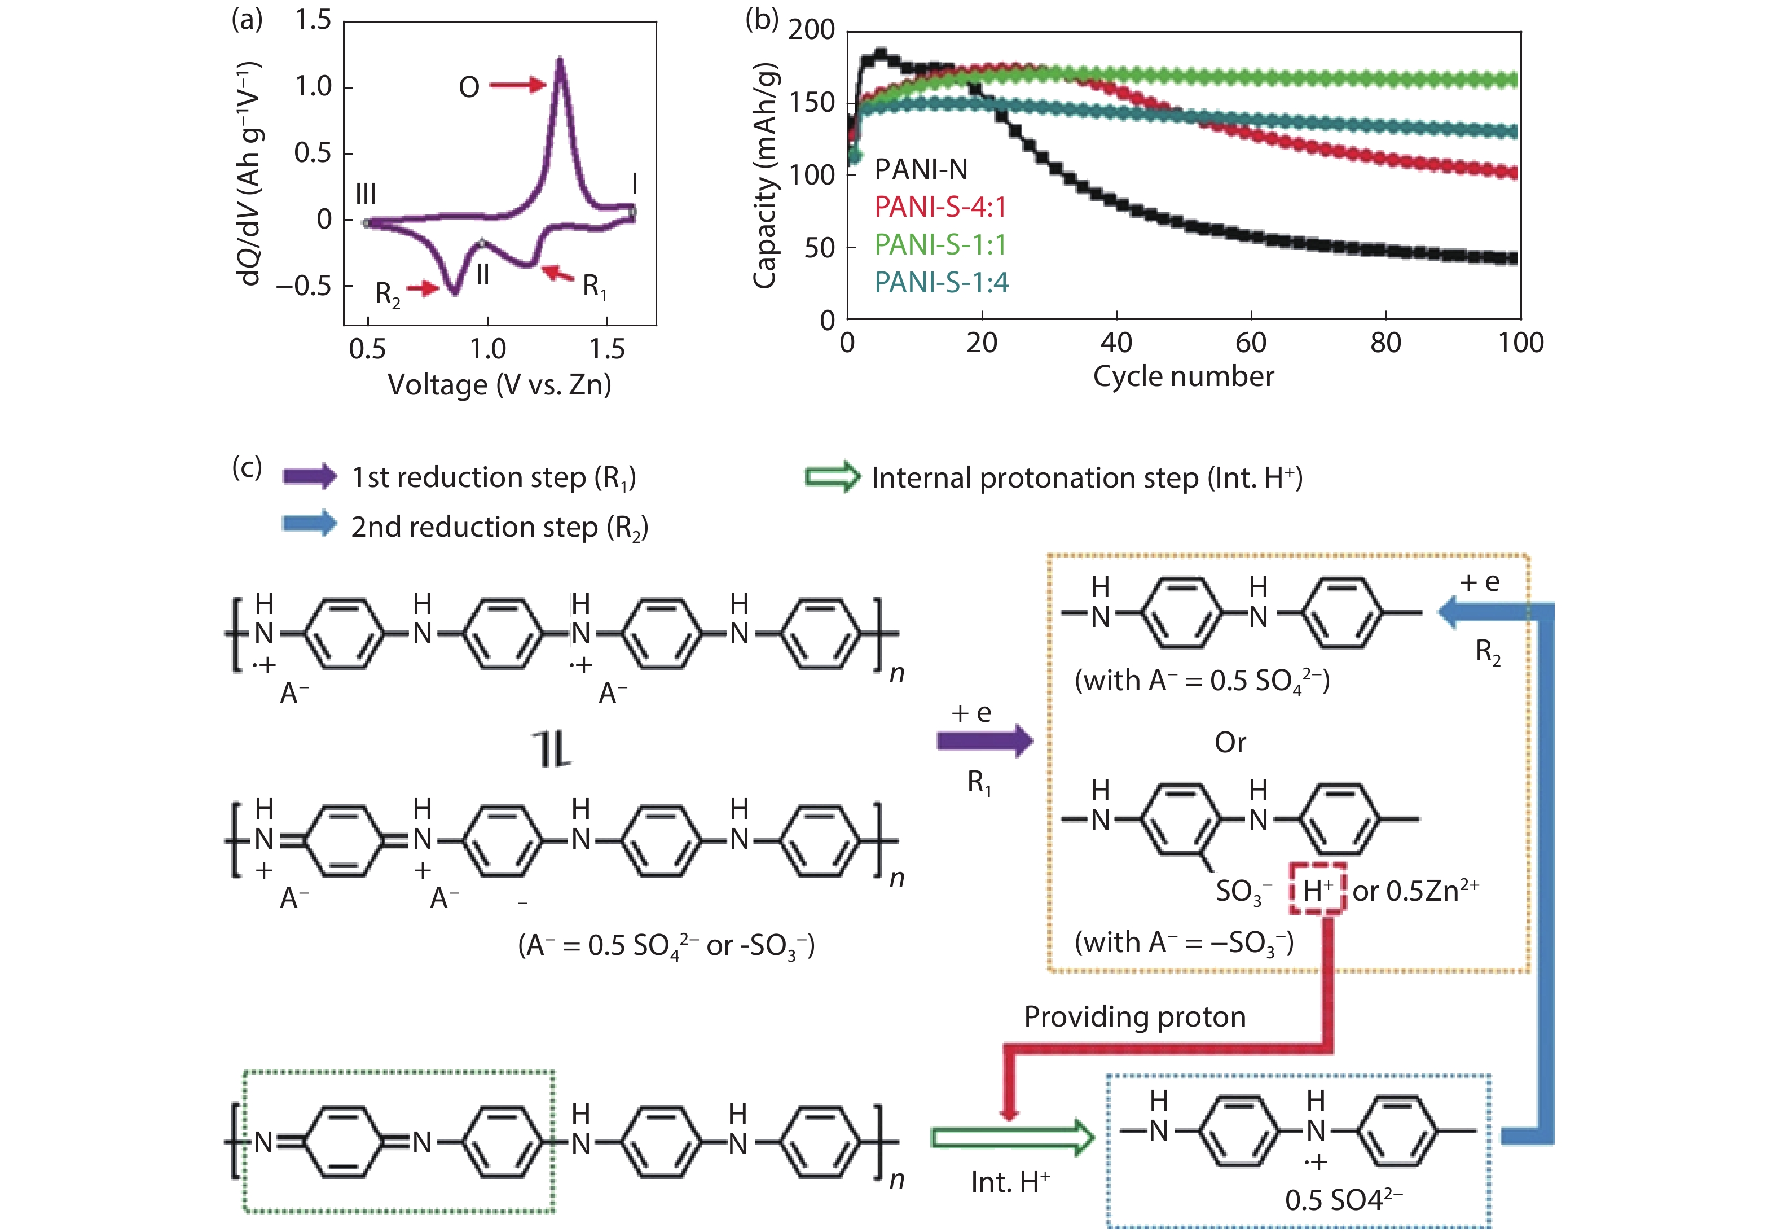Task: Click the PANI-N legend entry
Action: coord(921,169)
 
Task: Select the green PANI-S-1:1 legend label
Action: coord(940,245)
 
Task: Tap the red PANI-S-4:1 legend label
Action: coord(940,207)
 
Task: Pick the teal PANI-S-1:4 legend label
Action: coord(940,283)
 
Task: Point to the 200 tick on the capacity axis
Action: coord(811,30)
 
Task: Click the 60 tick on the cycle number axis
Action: coord(1250,342)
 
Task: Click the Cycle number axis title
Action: coord(1183,376)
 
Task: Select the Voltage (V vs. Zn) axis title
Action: coord(499,384)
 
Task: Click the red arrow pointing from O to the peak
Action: coord(517,85)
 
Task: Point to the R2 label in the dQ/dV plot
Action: coord(388,294)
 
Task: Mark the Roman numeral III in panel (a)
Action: coord(366,194)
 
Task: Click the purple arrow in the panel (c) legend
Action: coord(309,476)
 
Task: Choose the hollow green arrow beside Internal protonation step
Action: coord(832,477)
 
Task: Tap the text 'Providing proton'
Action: coord(1134,1016)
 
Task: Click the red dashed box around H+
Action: coord(1318,889)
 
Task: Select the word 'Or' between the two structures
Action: coord(1230,743)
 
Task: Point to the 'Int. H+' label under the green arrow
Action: coord(1010,1182)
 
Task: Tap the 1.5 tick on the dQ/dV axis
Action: coord(313,20)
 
